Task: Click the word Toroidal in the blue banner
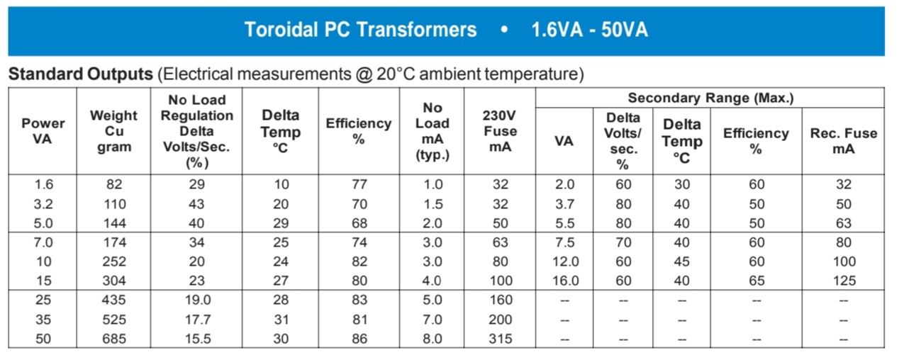click(x=281, y=30)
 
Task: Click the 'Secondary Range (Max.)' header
click(x=710, y=98)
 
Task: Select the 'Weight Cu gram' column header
click(x=114, y=131)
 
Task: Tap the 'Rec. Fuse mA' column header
click(x=844, y=141)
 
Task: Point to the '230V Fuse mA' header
click(x=500, y=131)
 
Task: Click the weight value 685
click(x=114, y=339)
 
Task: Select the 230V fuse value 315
click(x=501, y=339)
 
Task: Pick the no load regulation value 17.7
click(x=198, y=320)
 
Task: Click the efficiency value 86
click(x=359, y=339)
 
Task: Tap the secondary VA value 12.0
click(x=565, y=261)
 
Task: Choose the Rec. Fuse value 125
click(x=844, y=281)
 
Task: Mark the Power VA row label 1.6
click(x=43, y=184)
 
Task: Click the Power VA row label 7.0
click(x=43, y=242)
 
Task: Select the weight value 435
click(x=114, y=300)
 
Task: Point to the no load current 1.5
click(x=433, y=204)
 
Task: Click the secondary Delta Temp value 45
click(x=681, y=261)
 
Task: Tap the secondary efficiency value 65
click(x=757, y=281)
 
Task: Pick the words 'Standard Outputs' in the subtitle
click(x=81, y=74)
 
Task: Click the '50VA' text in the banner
click(x=625, y=30)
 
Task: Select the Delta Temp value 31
click(x=281, y=320)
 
